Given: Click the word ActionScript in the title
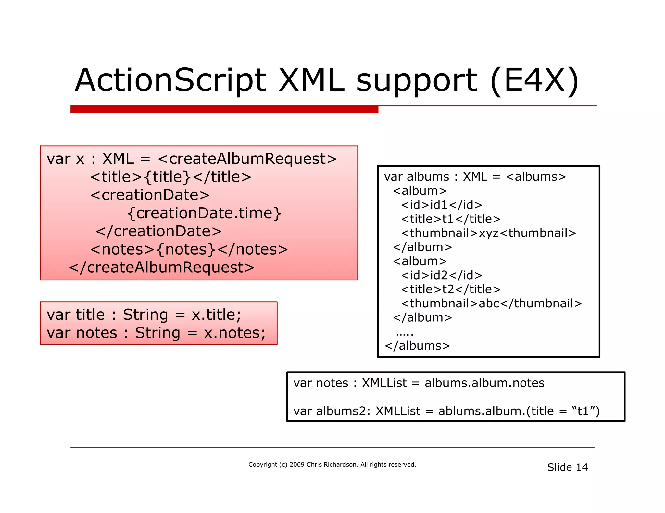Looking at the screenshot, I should coord(170,80).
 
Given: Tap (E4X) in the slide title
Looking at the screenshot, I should coord(534,80).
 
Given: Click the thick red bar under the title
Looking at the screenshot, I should coord(224,109).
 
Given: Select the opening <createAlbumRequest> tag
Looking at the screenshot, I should coord(247,159).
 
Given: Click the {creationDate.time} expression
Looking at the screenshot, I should coord(204,213).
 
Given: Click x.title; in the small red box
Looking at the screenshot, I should coord(216,315).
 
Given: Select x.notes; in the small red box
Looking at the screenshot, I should coord(234,333).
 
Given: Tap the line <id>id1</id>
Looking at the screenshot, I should coord(442,205).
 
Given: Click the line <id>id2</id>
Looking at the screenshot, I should coord(442,275).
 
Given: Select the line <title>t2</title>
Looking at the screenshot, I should coord(451,289).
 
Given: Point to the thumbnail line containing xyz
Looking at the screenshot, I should coord(488,233).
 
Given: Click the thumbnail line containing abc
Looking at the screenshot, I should coord(491,304).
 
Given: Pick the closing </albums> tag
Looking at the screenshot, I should coord(417,346).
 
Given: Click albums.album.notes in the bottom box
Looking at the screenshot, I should coord(484,383).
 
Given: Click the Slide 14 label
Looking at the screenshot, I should coord(567,467).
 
